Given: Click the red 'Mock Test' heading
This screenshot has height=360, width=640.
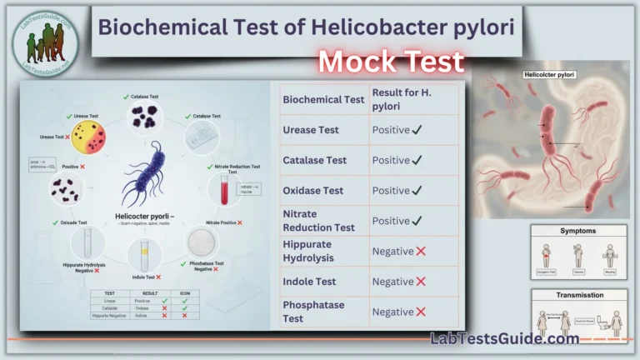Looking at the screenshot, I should click(390, 61).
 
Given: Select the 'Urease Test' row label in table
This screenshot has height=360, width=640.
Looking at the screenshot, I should click(311, 130).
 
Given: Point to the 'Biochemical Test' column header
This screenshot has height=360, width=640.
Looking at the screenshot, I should click(323, 99).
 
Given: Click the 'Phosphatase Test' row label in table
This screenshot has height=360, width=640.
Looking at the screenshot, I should click(314, 312).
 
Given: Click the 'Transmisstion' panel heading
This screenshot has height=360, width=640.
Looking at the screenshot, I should click(579, 295).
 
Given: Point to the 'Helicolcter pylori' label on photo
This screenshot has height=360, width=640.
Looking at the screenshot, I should click(551, 74).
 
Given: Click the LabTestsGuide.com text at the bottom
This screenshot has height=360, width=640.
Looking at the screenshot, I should click(504, 339).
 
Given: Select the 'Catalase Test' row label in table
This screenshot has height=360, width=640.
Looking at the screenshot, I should click(314, 160).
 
